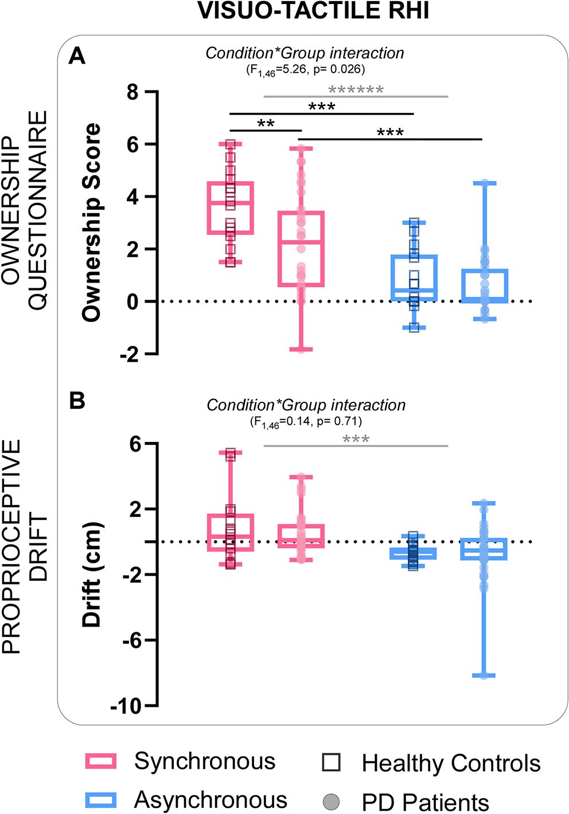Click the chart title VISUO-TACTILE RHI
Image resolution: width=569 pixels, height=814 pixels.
pyautogui.click(x=313, y=11)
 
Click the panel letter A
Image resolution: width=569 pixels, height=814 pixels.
pyautogui.click(x=77, y=56)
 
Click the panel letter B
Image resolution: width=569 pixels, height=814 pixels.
pyautogui.click(x=77, y=401)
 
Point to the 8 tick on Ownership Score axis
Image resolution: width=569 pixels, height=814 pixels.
pyautogui.click(x=133, y=92)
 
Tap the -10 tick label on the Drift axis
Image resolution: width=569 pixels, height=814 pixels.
pyautogui.click(x=125, y=706)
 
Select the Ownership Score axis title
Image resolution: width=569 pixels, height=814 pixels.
pyautogui.click(x=92, y=222)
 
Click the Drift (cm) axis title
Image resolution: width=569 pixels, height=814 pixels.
pyautogui.click(x=92, y=574)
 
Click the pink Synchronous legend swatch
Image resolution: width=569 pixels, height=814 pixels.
pyautogui.click(x=101, y=761)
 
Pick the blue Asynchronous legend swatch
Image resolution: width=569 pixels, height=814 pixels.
pyautogui.click(x=101, y=800)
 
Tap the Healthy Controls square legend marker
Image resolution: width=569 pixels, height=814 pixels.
pyautogui.click(x=331, y=762)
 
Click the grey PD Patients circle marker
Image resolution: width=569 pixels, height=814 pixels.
pyautogui.click(x=331, y=801)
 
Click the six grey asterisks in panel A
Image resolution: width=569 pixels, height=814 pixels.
pyautogui.click(x=356, y=90)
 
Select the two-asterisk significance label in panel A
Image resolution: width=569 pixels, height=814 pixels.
pyautogui.click(x=266, y=124)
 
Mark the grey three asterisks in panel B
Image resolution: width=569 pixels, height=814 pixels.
pyautogui.click(x=356, y=440)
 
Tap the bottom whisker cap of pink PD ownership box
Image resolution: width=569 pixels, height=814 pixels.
pyautogui.click(x=301, y=349)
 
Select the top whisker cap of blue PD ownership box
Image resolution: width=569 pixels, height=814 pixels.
pyautogui.click(x=485, y=183)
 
